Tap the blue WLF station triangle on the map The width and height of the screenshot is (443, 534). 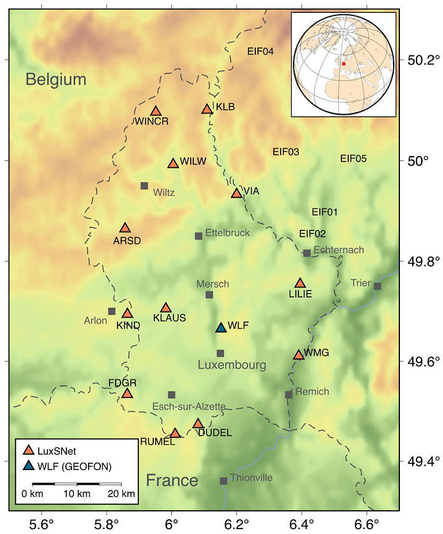(x=221, y=328)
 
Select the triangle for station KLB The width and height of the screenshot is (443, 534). (x=207, y=109)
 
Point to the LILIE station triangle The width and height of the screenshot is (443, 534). (x=300, y=283)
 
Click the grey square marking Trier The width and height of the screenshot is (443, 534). (x=377, y=286)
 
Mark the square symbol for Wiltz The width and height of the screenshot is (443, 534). (x=144, y=186)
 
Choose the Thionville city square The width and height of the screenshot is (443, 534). (x=223, y=481)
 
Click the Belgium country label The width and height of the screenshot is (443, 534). (x=56, y=79)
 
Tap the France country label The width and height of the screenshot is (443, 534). (x=172, y=480)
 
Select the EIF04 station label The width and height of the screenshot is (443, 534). (x=260, y=51)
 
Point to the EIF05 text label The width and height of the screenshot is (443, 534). (x=353, y=159)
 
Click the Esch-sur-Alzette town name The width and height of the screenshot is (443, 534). (x=189, y=406)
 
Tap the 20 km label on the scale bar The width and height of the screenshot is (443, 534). (x=121, y=493)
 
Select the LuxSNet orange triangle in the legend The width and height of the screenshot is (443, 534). (x=29, y=452)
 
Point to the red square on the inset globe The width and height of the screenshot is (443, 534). (x=344, y=63)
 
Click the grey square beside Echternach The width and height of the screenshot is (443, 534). (x=307, y=253)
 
